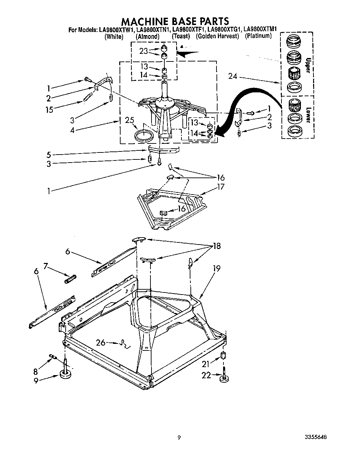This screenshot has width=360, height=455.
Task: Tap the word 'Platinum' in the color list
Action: tap(258, 36)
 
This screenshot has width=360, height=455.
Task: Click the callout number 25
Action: tap(129, 121)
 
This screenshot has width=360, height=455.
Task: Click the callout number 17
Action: tap(220, 187)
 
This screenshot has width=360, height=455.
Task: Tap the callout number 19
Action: tap(216, 268)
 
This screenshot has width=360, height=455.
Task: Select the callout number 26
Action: tap(101, 343)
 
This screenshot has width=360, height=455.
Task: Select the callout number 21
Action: tap(206, 364)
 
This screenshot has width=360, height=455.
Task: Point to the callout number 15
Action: tap(49, 110)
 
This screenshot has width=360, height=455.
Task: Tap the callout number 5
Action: tap(49, 155)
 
